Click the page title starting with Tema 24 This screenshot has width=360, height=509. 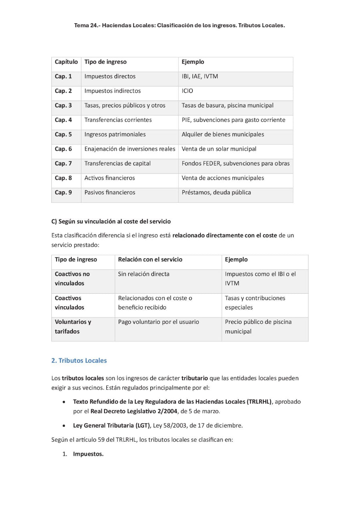[x=179, y=25]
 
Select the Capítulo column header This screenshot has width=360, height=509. [x=66, y=62]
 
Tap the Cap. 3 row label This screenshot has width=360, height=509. [x=63, y=105]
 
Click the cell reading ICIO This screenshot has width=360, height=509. [x=187, y=91]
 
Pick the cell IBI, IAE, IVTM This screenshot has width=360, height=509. [x=200, y=77]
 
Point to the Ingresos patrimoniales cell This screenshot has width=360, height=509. [x=115, y=134]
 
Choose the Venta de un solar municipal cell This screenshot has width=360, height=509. [x=219, y=149]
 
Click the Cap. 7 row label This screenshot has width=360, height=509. [x=63, y=164]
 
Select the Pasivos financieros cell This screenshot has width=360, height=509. [x=109, y=192]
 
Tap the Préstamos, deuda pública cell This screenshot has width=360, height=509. [x=216, y=192]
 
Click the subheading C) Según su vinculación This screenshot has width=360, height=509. [x=111, y=221]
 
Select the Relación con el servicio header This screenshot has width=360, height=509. [x=150, y=260]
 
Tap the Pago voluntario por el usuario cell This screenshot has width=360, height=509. [x=158, y=322]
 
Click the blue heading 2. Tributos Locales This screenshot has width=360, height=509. [x=79, y=360]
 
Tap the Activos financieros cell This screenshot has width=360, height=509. [x=109, y=178]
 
